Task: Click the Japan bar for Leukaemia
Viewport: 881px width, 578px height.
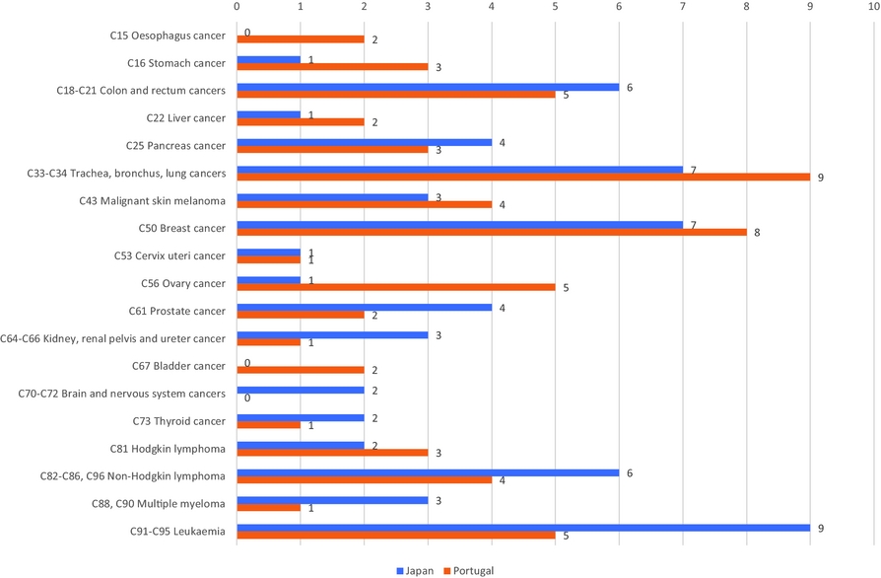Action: click(x=522, y=528)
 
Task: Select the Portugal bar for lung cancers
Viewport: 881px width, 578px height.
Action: click(x=522, y=178)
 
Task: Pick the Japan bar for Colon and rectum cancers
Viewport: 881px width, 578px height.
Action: click(x=428, y=87)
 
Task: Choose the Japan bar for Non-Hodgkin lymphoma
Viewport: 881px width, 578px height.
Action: click(x=428, y=472)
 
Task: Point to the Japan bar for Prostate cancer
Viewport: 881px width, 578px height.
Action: click(x=364, y=307)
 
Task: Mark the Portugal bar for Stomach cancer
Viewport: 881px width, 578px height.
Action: click(x=332, y=67)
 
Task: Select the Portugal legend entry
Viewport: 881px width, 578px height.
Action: click(x=469, y=570)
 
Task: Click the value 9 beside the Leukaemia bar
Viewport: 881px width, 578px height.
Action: click(x=820, y=528)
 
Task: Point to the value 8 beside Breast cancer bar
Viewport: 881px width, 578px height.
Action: click(x=756, y=234)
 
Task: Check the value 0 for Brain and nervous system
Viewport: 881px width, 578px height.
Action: click(x=246, y=398)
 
